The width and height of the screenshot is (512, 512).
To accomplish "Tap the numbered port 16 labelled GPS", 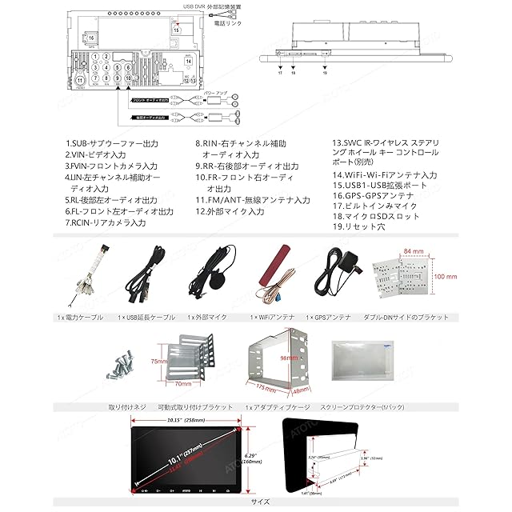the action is click(91, 38).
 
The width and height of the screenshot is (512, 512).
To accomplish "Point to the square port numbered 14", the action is click(189, 61).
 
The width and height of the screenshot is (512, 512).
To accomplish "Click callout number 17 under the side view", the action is click(281, 73).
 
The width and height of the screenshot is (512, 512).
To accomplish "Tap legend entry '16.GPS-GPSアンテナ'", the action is click(374, 195).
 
